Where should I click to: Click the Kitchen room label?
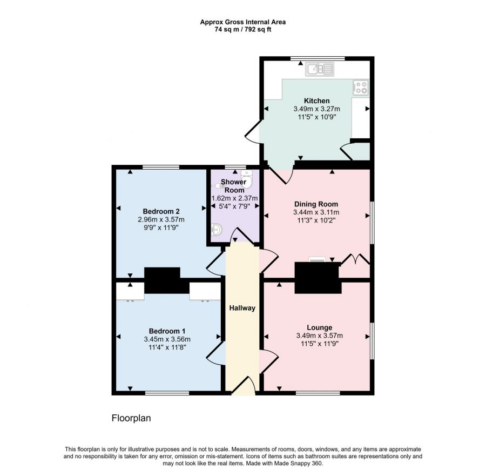point(316,100)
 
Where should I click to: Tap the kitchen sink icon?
point(320,69)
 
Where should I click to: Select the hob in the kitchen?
point(360,88)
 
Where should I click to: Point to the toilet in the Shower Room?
point(246,176)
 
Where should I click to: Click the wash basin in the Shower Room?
point(217,231)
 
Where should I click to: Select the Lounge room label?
point(319,327)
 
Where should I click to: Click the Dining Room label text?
point(316,204)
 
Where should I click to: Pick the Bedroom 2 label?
point(161,211)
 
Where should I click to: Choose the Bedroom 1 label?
point(167,331)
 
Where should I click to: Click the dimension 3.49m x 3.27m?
point(316,109)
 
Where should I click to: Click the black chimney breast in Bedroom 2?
point(162,279)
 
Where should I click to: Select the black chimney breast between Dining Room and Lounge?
point(318,278)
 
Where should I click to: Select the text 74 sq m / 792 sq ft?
point(242,30)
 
